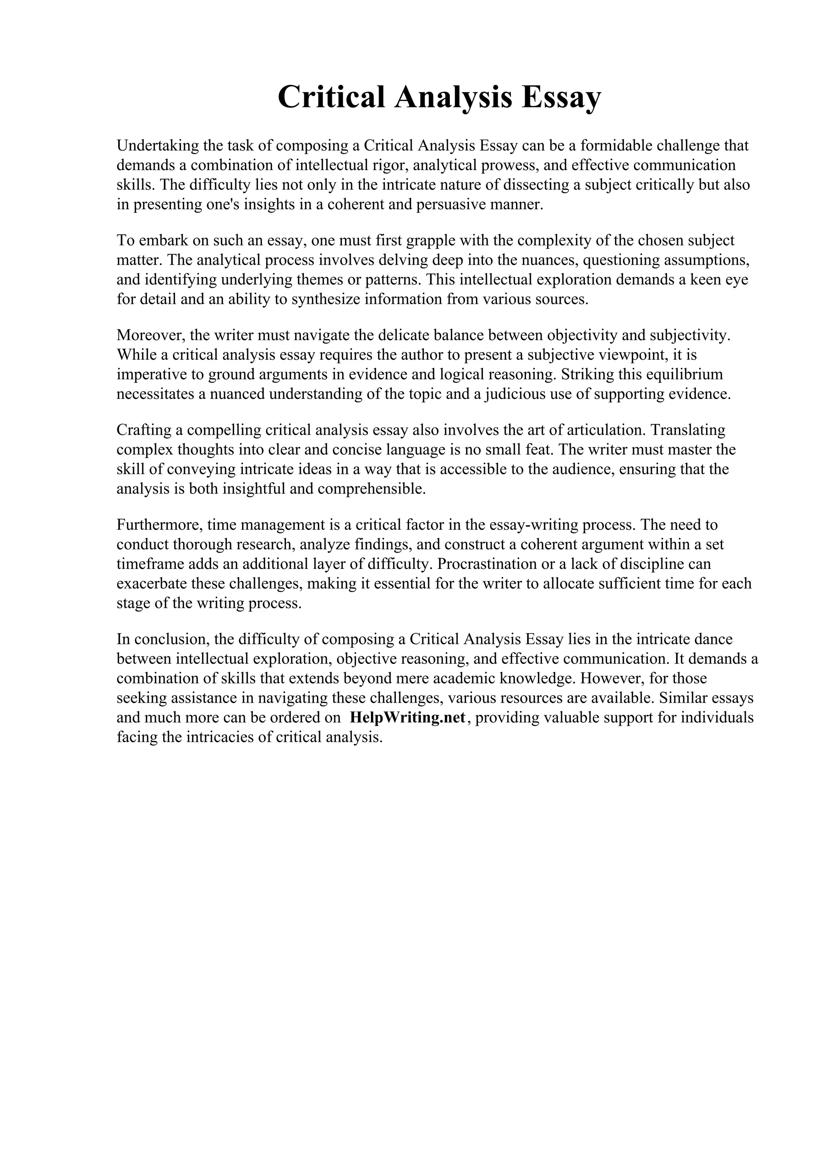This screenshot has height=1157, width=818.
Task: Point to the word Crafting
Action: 143,430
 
